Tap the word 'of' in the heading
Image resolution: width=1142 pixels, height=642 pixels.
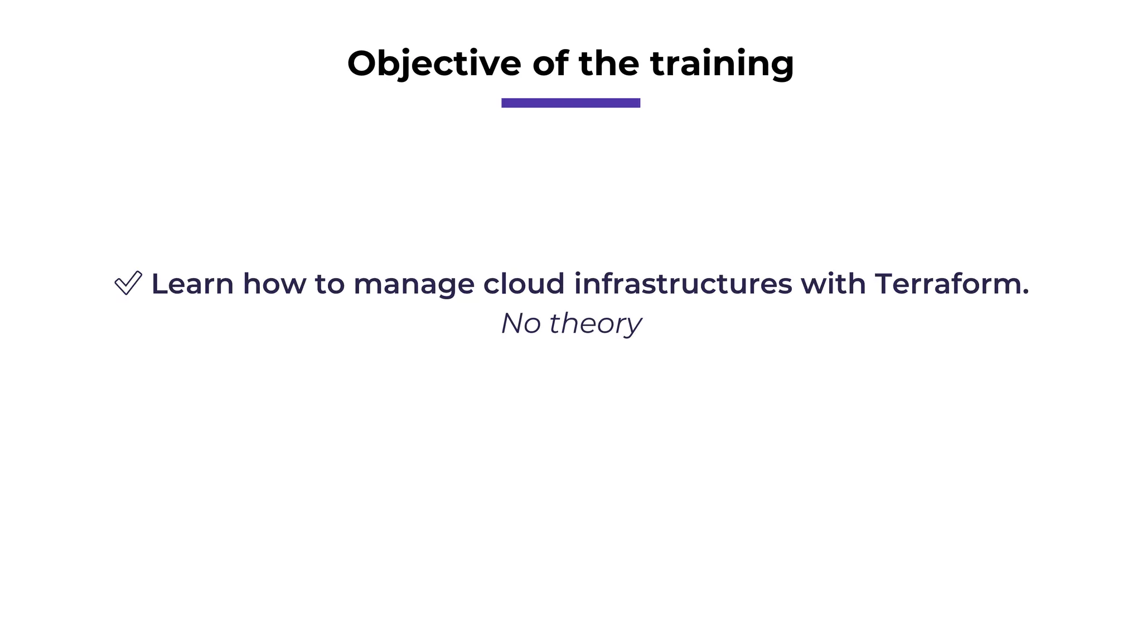[x=550, y=64]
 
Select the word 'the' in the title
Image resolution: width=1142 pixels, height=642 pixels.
[x=609, y=64]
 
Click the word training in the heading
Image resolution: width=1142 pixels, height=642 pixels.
[x=722, y=64]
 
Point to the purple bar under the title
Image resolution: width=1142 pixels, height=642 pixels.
[x=570, y=103]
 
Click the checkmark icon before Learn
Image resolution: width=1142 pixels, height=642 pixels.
[x=128, y=283]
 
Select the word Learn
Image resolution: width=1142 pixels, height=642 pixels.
[x=192, y=284]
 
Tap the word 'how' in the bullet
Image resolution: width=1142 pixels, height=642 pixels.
[x=274, y=284]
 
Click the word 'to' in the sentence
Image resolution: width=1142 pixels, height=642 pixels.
[x=330, y=284]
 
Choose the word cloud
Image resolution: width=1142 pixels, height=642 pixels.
[x=524, y=284]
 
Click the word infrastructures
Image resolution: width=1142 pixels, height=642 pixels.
[x=683, y=284]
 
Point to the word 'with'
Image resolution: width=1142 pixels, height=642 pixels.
[x=833, y=284]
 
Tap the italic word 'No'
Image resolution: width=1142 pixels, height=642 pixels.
[x=520, y=323]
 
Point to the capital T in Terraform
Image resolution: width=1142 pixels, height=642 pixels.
[x=885, y=284]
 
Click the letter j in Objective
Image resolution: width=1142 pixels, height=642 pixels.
[x=412, y=66]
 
